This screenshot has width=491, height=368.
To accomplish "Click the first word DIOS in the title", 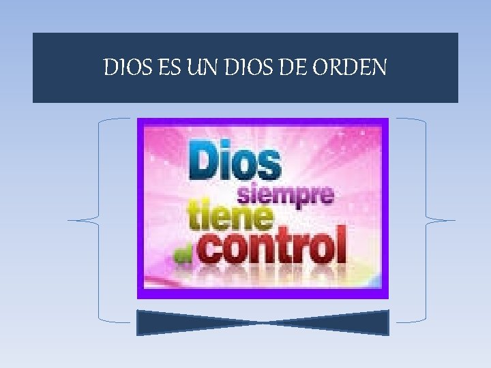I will [124, 67].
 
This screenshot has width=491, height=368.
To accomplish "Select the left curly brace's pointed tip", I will [69, 220].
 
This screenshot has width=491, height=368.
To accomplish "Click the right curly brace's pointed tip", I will [454, 220].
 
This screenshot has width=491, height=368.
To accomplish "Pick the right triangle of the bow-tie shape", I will [355, 322].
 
